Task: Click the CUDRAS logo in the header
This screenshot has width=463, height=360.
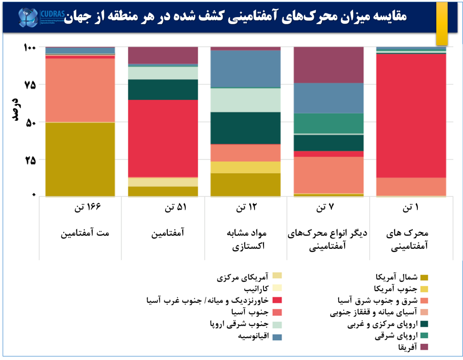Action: click(x=40, y=17)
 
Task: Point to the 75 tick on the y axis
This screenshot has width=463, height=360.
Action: click(x=30, y=85)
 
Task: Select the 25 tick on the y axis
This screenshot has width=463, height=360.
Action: click(x=30, y=160)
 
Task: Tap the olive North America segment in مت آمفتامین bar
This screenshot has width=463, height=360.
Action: click(x=80, y=159)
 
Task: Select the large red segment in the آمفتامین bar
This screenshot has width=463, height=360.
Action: click(x=163, y=138)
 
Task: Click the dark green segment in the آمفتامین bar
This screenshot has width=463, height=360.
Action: click(x=163, y=90)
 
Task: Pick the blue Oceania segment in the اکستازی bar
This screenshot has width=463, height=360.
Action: click(x=246, y=68)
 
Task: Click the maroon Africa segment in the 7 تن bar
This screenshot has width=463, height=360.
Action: click(x=329, y=65)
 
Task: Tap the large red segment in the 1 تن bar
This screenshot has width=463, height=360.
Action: click(x=411, y=115)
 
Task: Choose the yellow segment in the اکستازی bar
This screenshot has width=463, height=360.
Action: click(x=246, y=167)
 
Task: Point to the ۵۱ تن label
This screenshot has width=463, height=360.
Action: click(x=175, y=208)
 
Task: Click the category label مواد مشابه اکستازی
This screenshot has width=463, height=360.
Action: click(x=251, y=240)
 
